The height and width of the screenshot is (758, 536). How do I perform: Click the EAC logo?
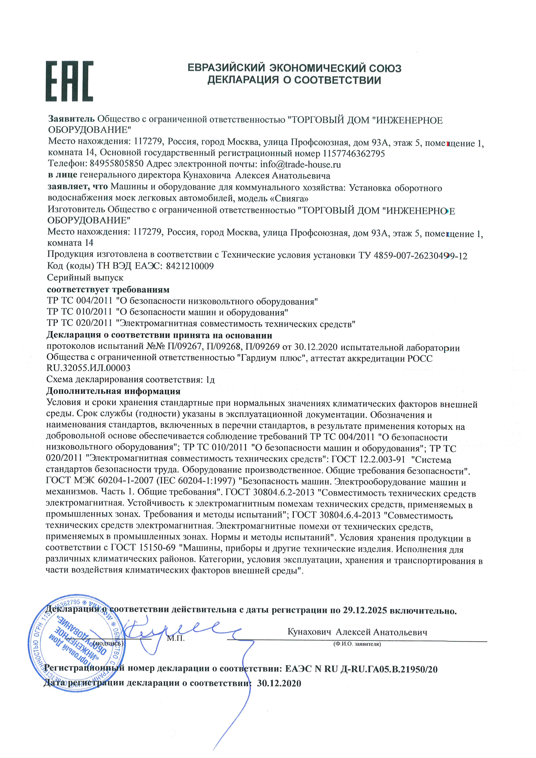(x=69, y=81)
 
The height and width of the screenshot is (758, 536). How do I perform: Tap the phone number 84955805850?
(x=116, y=164)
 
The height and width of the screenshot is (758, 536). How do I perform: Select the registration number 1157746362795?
(x=354, y=153)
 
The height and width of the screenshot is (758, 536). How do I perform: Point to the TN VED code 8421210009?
(x=190, y=266)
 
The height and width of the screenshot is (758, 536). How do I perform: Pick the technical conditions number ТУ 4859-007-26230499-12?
(x=413, y=256)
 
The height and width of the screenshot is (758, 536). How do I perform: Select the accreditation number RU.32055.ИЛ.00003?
(x=89, y=368)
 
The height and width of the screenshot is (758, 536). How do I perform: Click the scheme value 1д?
(x=210, y=380)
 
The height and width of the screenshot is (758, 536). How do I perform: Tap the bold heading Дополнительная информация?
(x=113, y=392)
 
